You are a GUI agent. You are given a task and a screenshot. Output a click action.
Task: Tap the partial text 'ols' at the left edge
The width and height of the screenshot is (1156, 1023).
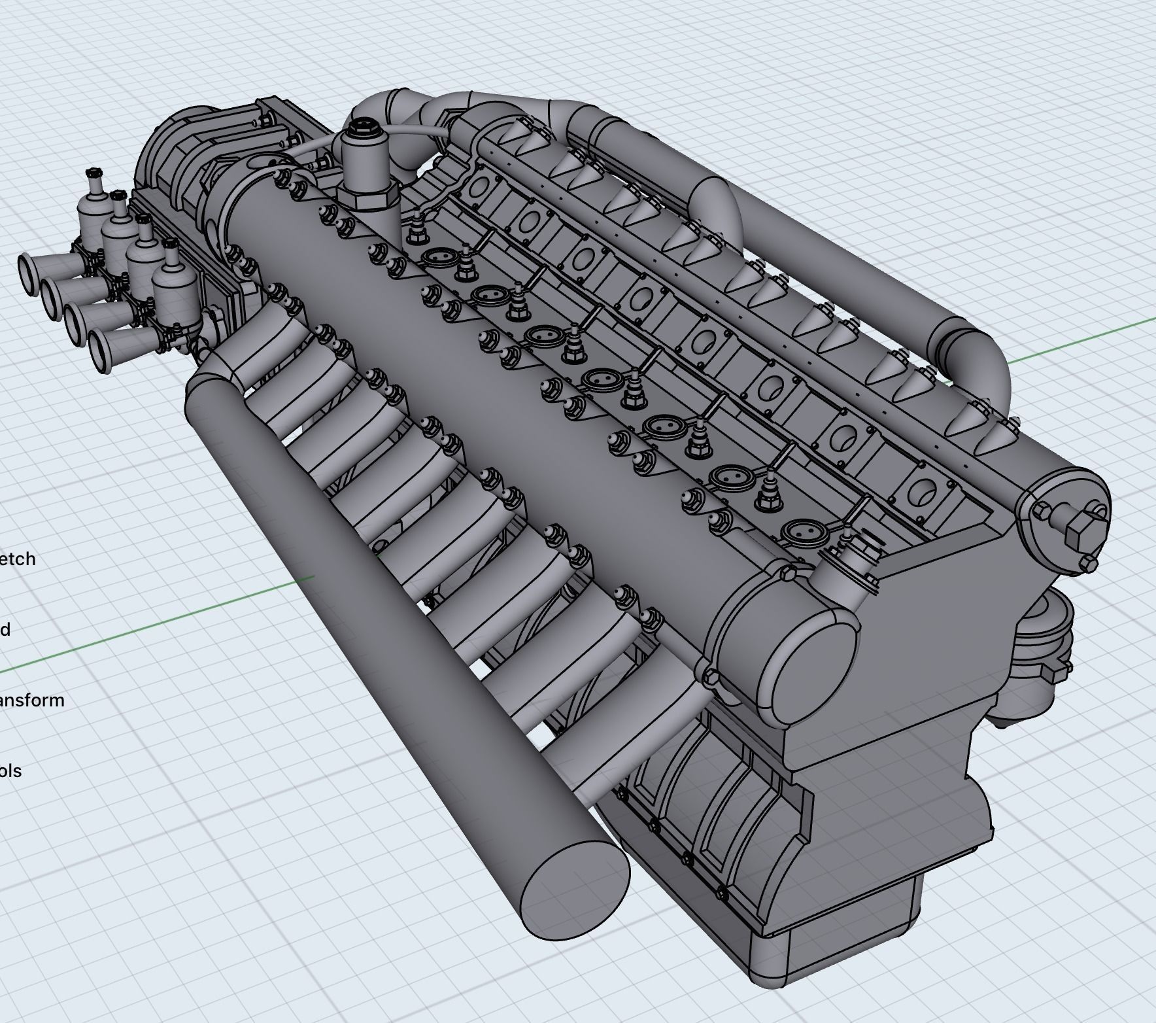(11, 771)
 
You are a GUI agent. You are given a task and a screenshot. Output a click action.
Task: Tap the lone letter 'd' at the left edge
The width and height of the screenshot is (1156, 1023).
(5, 629)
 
